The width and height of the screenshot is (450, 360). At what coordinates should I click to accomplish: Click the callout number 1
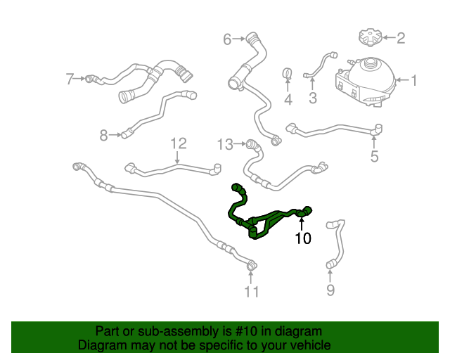click(414, 81)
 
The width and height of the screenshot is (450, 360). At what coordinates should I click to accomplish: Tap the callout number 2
click(401, 38)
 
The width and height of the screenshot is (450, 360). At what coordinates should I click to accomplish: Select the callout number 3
click(313, 97)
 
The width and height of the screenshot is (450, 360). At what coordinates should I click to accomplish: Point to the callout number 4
click(288, 101)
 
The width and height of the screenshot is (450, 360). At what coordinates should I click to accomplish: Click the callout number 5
click(374, 155)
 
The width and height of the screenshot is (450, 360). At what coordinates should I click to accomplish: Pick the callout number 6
click(227, 39)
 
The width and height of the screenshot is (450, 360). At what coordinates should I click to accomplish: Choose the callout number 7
click(70, 79)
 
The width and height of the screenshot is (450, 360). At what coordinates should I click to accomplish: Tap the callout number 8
click(103, 135)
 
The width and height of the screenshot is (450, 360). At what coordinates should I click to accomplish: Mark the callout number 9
click(330, 290)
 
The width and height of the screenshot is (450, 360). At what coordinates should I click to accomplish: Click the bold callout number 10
click(302, 239)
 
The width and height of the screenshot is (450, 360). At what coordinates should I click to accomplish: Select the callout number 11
click(252, 291)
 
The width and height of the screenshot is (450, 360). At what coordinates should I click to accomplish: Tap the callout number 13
click(224, 144)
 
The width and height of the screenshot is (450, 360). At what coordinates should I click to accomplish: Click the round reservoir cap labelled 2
click(368, 36)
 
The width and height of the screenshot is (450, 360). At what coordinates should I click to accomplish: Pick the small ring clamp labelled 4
click(288, 74)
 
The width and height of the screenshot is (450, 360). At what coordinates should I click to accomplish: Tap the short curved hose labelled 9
click(336, 243)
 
